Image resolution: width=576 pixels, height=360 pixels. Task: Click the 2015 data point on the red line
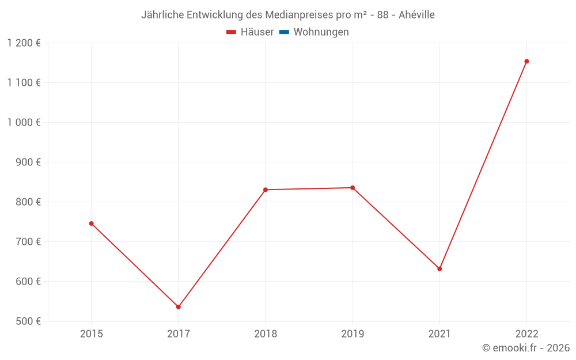91,223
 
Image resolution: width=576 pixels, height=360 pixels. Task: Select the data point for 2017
179,307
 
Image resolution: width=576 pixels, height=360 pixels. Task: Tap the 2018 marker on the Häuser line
266,190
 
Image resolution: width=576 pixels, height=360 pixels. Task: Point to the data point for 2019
353,188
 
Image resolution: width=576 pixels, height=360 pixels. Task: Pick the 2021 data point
439,269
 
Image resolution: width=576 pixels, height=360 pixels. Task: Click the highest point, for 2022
526,61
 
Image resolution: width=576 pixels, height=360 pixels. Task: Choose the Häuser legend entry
251,32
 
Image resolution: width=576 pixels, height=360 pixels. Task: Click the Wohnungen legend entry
321,32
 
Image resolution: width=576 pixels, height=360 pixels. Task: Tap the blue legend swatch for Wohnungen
284,32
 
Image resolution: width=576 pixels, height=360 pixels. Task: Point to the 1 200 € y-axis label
24,43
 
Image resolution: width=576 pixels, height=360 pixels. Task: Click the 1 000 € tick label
24,123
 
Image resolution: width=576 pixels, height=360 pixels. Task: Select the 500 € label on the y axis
28,321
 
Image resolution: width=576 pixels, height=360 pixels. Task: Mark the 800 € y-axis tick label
28,202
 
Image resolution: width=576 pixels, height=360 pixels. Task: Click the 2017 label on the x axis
179,334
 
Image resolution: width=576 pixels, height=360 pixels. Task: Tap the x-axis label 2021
439,334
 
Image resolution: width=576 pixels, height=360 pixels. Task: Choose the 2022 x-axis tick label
526,334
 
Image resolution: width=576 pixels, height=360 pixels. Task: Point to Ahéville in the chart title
416,15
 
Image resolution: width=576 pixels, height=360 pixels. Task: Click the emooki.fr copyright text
525,348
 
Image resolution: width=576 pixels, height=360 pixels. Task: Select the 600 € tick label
28,282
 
